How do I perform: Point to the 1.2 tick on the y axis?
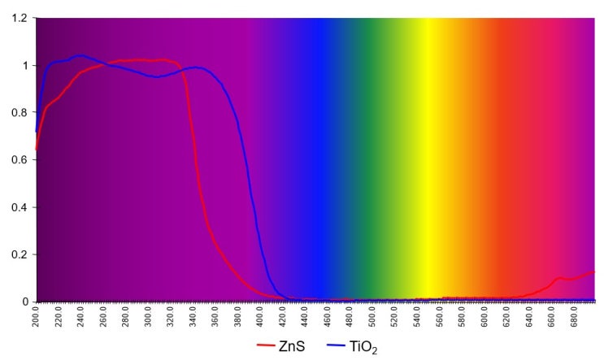(x=20, y=18)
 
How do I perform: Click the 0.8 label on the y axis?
(x=20, y=112)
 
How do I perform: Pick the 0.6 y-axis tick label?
(x=20, y=159)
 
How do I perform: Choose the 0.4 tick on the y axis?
(x=20, y=206)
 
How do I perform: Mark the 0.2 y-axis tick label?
(x=20, y=254)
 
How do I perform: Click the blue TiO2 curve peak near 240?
(x=79, y=55)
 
